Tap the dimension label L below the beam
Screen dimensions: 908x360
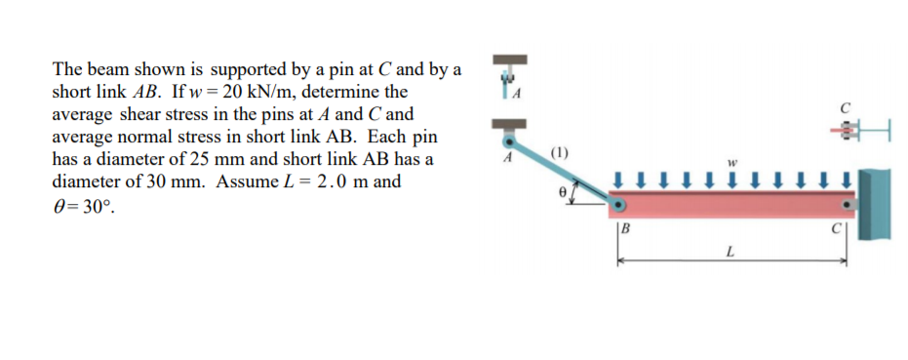tap(730, 252)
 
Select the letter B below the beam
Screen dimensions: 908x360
tap(626, 230)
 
